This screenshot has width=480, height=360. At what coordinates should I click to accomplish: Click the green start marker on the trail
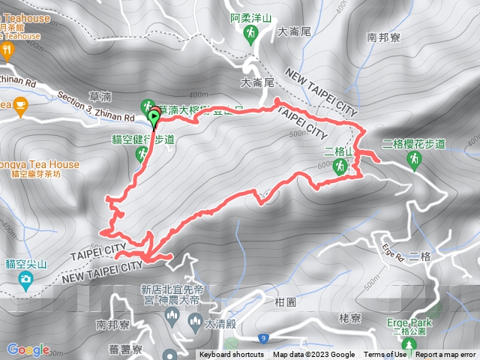click(155, 118)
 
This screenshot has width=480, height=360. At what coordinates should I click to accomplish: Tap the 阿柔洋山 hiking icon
click(251, 34)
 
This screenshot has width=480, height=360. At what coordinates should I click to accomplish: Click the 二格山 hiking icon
click(340, 169)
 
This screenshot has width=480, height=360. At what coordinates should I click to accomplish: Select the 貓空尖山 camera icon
click(26, 281)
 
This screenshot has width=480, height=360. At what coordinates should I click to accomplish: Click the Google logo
click(28, 349)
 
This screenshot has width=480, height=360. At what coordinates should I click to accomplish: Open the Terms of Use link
click(385, 355)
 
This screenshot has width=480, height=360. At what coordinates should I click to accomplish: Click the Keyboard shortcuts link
click(232, 355)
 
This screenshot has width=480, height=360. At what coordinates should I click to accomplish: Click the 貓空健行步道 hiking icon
click(141, 154)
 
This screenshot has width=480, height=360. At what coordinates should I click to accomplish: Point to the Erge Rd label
click(393, 249)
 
